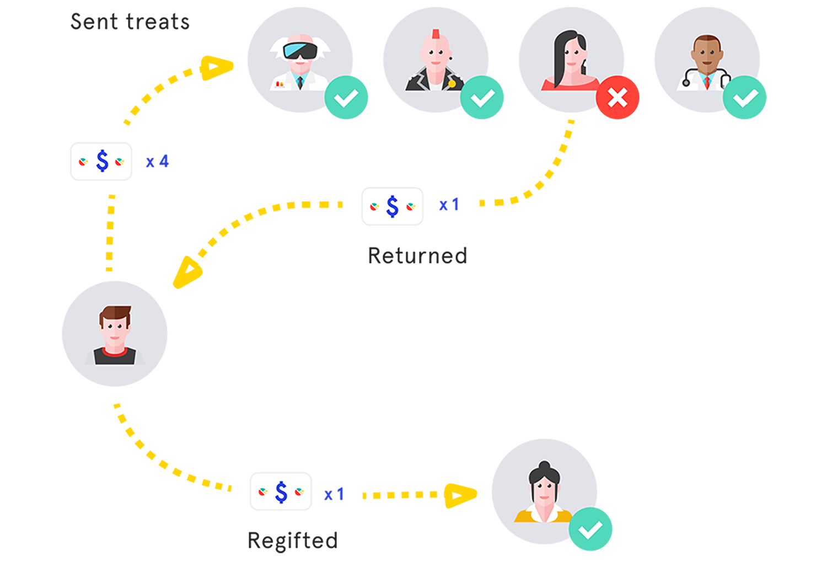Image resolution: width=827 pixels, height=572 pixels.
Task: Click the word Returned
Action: [417, 256]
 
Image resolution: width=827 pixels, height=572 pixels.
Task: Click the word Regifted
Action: [293, 541]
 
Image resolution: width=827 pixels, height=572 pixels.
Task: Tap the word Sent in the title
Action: [94, 22]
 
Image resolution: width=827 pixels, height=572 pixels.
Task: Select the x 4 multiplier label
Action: [157, 162]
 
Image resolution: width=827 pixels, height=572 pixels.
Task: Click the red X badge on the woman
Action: [617, 98]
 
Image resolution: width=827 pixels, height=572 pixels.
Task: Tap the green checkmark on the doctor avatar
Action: [745, 98]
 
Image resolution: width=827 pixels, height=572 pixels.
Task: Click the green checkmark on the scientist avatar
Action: [346, 98]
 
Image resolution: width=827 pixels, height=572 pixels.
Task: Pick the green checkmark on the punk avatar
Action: [482, 98]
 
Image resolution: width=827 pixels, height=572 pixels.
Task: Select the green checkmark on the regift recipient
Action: [590, 529]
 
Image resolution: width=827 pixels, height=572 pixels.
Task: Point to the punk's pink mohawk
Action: [436, 34]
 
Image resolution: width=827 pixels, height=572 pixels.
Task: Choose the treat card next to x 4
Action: [101, 162]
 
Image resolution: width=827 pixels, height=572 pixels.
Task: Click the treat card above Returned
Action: [393, 206]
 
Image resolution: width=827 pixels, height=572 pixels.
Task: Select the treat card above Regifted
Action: [281, 491]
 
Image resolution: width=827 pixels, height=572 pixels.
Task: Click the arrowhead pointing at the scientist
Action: [216, 68]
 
